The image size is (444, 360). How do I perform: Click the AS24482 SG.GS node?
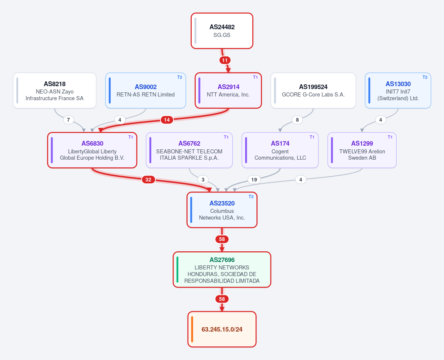click(222, 31)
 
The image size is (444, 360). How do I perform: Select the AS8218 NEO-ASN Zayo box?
click(55, 91)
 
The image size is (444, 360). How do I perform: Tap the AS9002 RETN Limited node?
click(145, 91)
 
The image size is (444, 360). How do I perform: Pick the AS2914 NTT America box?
click(228, 91)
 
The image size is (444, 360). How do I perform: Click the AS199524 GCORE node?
click(313, 91)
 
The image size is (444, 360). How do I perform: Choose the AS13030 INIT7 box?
click(398, 91)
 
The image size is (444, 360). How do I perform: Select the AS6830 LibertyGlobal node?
click(92, 150)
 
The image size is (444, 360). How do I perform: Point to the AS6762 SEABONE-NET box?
click(189, 150)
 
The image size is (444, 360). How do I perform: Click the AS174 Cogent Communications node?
click(280, 150)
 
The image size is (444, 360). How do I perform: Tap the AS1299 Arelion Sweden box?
click(362, 150)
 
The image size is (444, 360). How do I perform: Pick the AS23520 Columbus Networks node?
click(222, 210)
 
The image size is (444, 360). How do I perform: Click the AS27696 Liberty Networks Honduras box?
click(222, 270)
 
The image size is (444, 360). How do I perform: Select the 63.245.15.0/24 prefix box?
click(222, 329)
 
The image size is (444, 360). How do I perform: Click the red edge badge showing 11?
click(225, 60)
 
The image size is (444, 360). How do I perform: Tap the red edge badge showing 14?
click(167, 120)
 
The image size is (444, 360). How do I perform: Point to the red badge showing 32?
click(148, 180)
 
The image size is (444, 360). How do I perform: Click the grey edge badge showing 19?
click(254, 180)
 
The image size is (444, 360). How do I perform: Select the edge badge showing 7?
click(68, 120)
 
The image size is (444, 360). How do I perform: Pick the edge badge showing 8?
click(297, 120)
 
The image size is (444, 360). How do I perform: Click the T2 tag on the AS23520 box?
click(251, 197)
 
